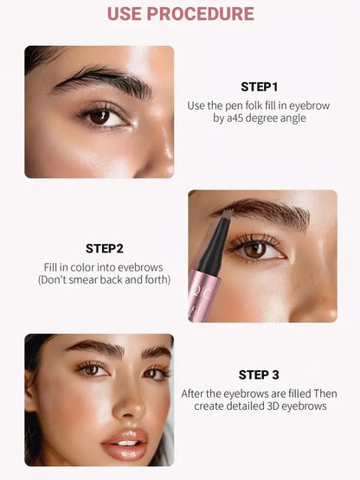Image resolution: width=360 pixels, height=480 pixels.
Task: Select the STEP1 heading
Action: click(x=260, y=86)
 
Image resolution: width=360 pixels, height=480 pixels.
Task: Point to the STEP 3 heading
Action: click(x=260, y=374)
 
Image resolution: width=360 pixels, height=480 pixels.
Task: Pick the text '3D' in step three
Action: click(x=270, y=406)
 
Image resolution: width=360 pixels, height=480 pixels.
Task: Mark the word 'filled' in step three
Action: click(x=288, y=393)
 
